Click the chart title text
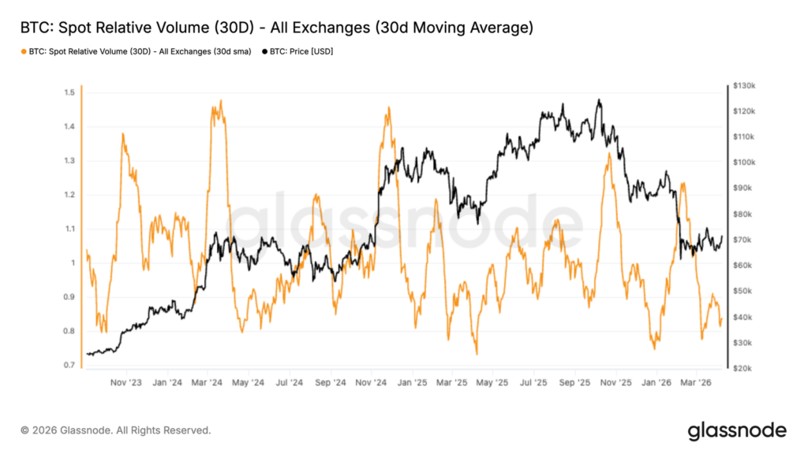point(277,28)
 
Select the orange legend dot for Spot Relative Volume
point(24,51)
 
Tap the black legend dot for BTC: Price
point(265,51)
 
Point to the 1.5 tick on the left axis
point(69,93)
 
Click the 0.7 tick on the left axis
point(69,365)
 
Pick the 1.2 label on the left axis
point(69,195)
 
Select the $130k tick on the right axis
point(744,85)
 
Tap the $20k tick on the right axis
point(743,368)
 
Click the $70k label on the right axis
point(743,240)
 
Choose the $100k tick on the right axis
point(744,162)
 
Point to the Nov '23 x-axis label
point(126,382)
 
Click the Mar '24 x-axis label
point(207,382)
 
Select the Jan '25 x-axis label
point(412,382)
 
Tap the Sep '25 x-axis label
point(574,382)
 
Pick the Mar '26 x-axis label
point(696,382)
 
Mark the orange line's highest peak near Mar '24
point(221,100)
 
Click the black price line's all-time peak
point(599,99)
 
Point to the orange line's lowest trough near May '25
point(477,354)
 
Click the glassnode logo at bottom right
point(738,431)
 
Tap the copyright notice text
point(116,430)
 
